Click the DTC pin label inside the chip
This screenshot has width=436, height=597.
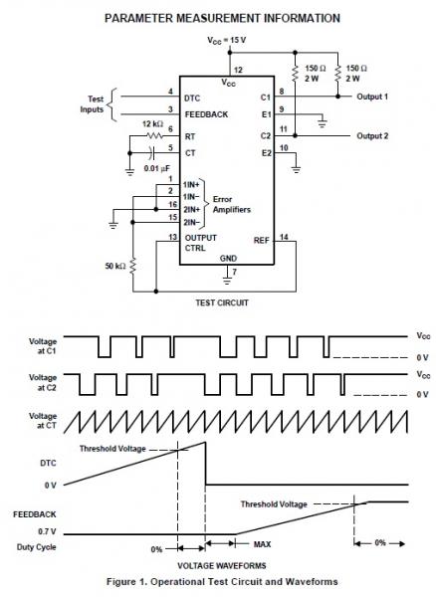[192, 99]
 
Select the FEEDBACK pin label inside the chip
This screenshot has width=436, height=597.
[206, 114]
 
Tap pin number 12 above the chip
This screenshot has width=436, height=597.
[238, 70]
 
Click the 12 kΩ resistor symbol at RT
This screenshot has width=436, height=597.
[154, 135]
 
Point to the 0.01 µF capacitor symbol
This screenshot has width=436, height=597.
[152, 153]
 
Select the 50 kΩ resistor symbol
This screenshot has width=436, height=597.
[133, 266]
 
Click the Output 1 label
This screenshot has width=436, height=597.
[372, 97]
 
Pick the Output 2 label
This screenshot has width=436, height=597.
[372, 136]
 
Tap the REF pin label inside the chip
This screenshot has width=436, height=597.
[261, 241]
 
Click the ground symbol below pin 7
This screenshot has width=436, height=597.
[227, 281]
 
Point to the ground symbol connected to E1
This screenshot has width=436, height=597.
[323, 123]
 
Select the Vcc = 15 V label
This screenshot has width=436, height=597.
[227, 41]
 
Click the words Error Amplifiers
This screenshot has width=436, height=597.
[232, 204]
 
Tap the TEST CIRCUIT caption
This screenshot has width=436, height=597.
[222, 302]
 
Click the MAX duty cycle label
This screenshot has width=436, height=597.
[263, 544]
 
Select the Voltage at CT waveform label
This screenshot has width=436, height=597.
[43, 421]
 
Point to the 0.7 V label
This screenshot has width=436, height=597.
[47, 531]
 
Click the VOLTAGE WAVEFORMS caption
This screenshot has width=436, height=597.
[222, 565]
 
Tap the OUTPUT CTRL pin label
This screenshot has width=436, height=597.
[201, 243]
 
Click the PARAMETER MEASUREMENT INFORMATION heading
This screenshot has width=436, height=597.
[222, 18]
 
